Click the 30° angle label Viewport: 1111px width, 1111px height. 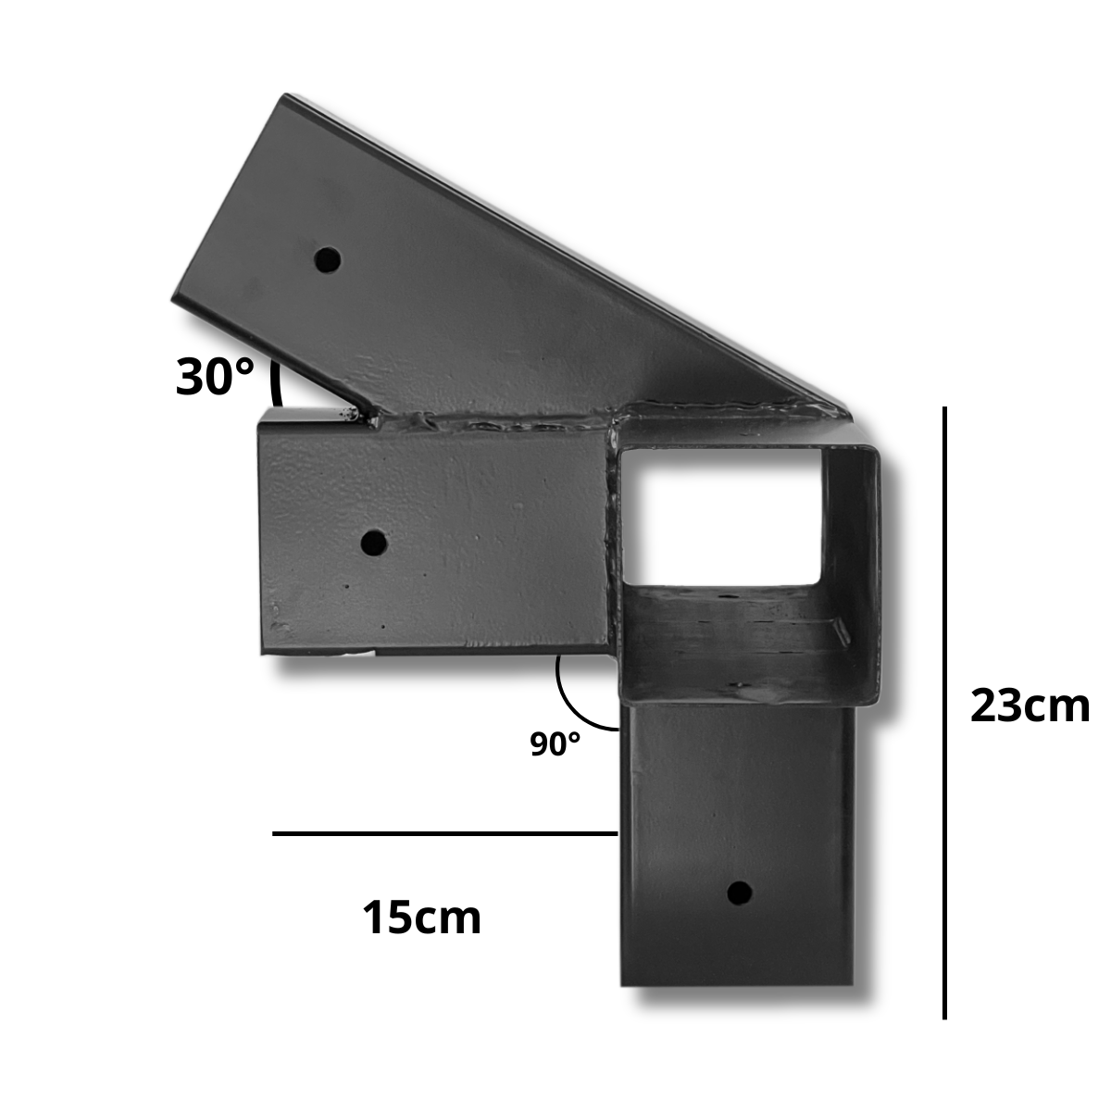click(215, 378)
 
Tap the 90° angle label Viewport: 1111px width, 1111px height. click(555, 743)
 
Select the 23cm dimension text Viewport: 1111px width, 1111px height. click(1030, 705)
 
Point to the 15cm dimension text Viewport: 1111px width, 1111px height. click(421, 918)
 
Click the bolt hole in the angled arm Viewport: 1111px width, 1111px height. click(328, 260)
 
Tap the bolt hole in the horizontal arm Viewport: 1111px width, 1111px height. click(374, 542)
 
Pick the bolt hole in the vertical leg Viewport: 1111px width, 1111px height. click(739, 893)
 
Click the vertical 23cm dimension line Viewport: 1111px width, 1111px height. click(944, 713)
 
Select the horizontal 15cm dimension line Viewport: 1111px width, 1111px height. click(444, 833)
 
